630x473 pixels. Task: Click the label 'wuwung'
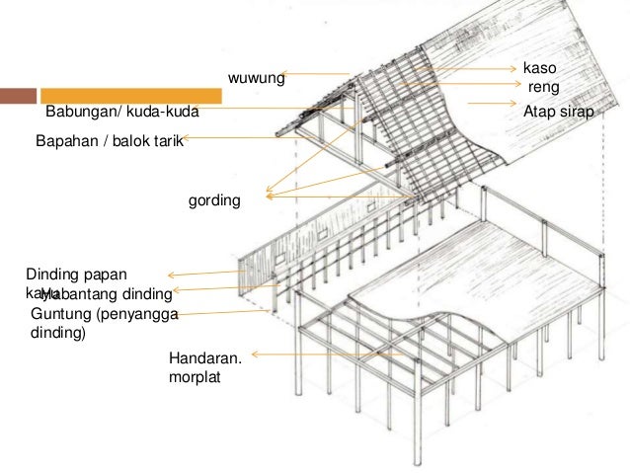click(x=257, y=76)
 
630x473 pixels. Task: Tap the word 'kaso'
click(x=539, y=69)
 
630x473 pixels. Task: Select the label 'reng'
click(x=546, y=88)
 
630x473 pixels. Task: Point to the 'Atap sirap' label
click(x=558, y=113)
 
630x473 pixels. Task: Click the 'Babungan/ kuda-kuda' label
click(x=122, y=113)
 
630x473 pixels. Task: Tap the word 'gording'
click(x=215, y=200)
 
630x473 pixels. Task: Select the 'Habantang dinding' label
click(x=107, y=294)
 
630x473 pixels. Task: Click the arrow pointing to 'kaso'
click(x=474, y=70)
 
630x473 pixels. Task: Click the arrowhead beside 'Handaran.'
click(x=255, y=354)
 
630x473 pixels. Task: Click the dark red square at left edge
click(x=18, y=97)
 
